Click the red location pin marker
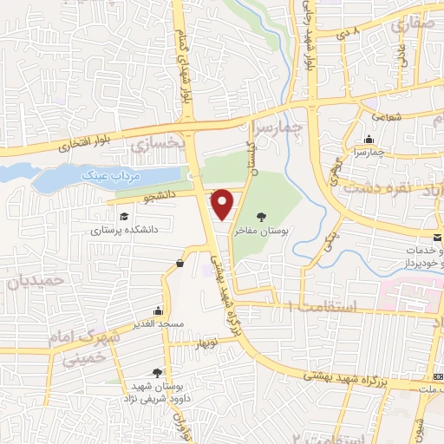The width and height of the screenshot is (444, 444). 223,204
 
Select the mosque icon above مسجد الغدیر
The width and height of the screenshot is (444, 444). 157,310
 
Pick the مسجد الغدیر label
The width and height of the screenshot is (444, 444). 156,324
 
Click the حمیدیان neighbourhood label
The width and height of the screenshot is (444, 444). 36,282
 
